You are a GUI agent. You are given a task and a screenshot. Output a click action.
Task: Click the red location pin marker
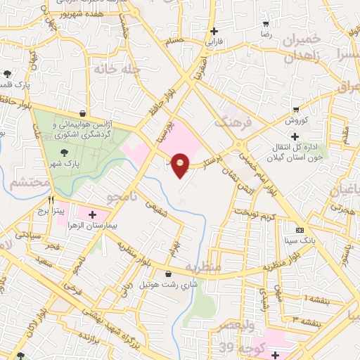pyautogui.click(x=181, y=164)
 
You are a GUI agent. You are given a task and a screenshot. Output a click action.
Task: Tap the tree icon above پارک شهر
pyautogui.click(x=64, y=150)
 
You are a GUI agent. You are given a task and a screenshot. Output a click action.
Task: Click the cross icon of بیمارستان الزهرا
pyautogui.click(x=92, y=213)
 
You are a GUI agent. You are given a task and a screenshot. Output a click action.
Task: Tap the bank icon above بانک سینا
pyautogui.click(x=300, y=231)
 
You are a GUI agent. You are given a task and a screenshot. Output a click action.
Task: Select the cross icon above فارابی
pyautogui.click(x=214, y=31)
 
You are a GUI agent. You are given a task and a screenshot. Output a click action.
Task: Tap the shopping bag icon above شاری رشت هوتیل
pyautogui.click(x=168, y=274)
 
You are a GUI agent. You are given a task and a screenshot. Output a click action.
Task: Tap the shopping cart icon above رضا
pyautogui.click(x=266, y=22)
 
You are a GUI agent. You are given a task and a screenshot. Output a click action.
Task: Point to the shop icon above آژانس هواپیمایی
pyautogui.click(x=83, y=113)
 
